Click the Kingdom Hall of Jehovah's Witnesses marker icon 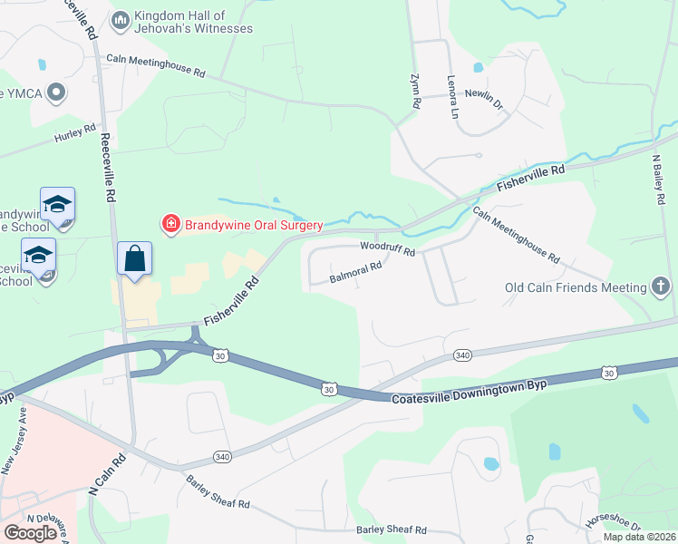click(x=120, y=20)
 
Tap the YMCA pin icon click(x=56, y=92)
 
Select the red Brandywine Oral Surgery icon click(x=169, y=223)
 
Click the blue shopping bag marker click(x=134, y=258)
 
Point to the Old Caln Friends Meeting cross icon click(x=662, y=287)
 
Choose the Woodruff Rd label click(x=387, y=248)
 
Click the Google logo click(x=30, y=533)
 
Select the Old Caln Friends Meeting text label click(x=576, y=288)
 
